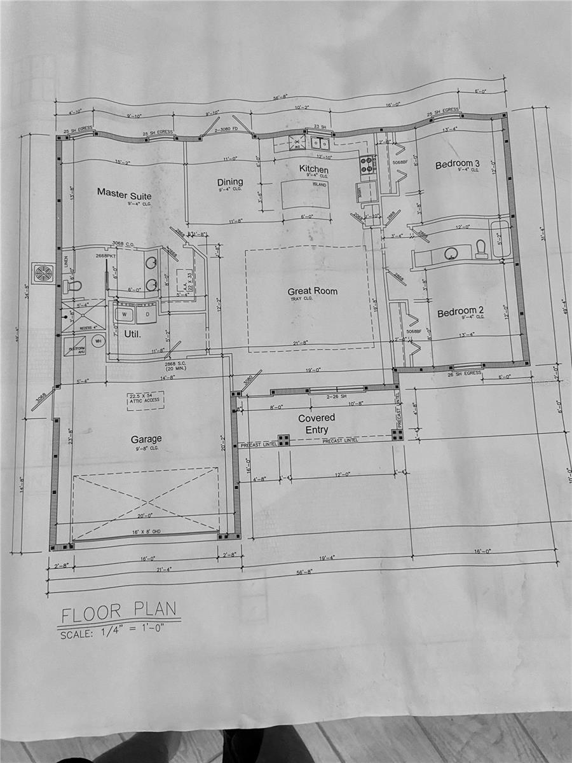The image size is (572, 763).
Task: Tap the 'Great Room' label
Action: click(312, 291)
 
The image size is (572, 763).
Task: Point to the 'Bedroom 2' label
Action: click(460, 312)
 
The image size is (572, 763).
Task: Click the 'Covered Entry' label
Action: click(317, 423)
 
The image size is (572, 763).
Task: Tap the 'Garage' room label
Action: click(146, 439)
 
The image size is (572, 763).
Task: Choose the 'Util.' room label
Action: click(132, 333)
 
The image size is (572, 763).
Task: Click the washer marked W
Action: click(123, 313)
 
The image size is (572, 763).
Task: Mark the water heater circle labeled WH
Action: click(98, 341)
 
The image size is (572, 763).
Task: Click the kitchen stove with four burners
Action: click(367, 165)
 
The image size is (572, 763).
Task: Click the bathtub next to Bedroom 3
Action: click(501, 238)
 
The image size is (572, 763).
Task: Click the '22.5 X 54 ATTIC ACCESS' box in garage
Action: click(145, 400)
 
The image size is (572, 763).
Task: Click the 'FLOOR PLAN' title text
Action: click(118, 612)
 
